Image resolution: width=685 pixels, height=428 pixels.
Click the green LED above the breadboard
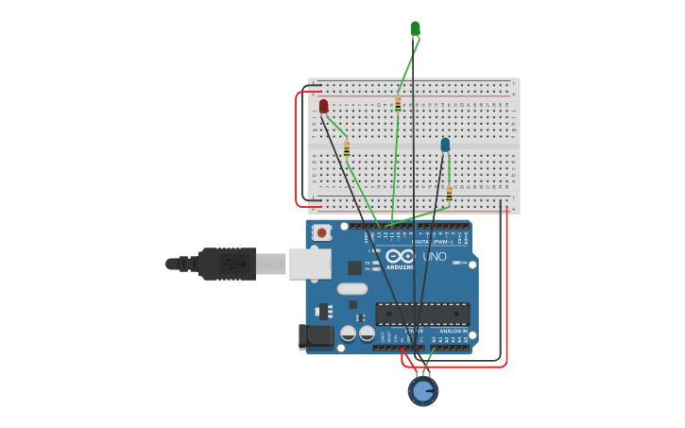click(x=415, y=28)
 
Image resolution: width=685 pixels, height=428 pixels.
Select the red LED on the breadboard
click(x=323, y=106)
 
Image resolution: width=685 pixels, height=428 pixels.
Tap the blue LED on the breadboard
click(x=445, y=145)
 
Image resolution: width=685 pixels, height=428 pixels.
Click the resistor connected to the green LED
click(x=398, y=104)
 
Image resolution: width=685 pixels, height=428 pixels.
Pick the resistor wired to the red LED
click(x=347, y=148)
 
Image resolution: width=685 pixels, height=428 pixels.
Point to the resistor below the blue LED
click(x=449, y=193)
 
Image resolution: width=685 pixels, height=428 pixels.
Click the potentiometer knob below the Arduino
click(x=422, y=390)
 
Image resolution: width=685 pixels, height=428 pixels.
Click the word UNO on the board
click(x=434, y=256)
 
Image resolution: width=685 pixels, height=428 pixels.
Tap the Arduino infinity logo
click(x=400, y=256)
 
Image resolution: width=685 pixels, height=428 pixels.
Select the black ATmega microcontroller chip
click(x=421, y=314)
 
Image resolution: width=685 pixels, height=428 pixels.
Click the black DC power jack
click(x=315, y=336)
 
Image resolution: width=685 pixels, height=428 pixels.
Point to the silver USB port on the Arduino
click(x=309, y=264)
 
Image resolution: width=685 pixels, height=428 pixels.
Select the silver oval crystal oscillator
click(x=351, y=289)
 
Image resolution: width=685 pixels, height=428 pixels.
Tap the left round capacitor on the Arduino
click(x=349, y=334)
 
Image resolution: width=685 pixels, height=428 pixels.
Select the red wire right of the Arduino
click(x=506, y=283)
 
